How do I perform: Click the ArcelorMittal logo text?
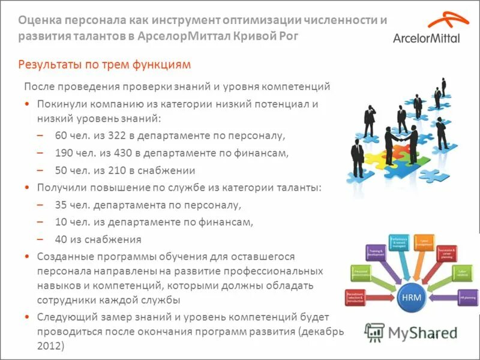427,38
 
